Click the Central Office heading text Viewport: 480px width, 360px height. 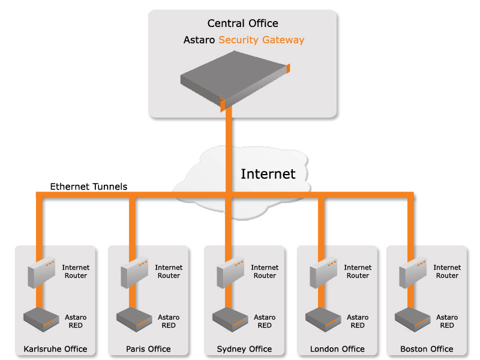242,23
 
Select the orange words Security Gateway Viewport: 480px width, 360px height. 261,40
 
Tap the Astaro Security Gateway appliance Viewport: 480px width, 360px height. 234,78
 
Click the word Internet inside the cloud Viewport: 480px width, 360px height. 268,174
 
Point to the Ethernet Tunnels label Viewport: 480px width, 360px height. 88,187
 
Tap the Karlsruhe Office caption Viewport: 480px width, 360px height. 55,349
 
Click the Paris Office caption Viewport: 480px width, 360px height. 148,349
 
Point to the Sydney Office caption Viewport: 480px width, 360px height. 244,349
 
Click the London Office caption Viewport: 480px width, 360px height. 337,349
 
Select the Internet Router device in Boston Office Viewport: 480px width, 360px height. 413,273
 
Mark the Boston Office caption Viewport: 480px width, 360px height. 427,349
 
